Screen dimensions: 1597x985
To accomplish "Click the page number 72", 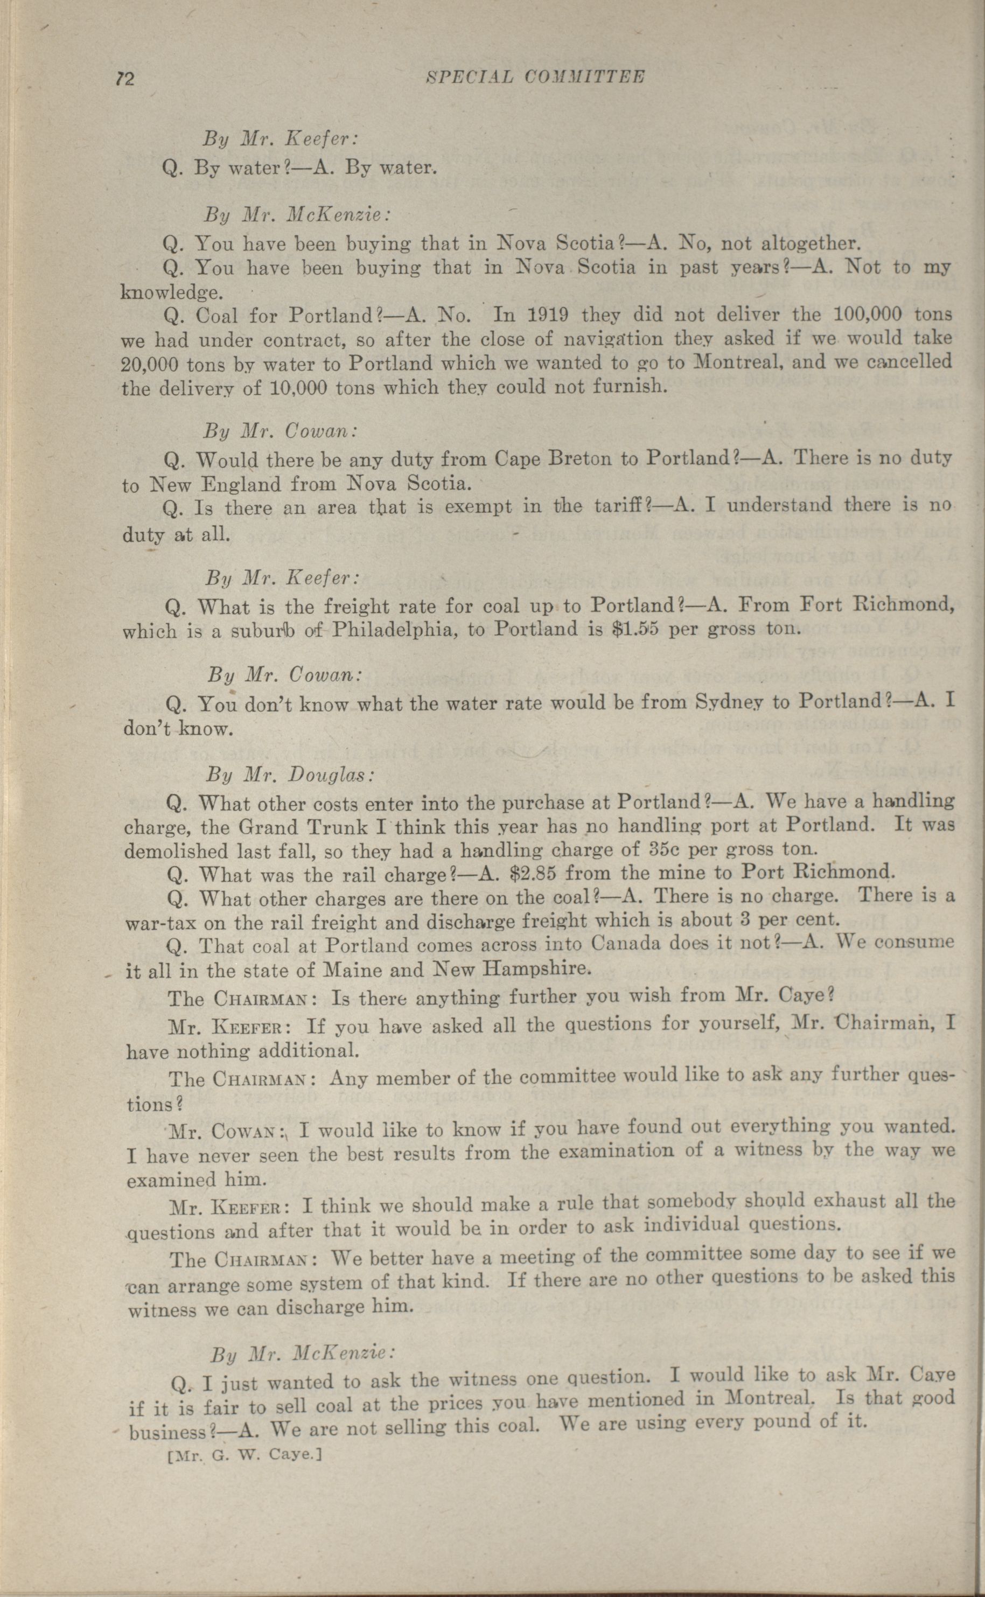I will (x=124, y=79).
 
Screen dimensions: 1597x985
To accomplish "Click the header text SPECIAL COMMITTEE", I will (x=535, y=77).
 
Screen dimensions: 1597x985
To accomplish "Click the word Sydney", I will (x=731, y=702).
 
